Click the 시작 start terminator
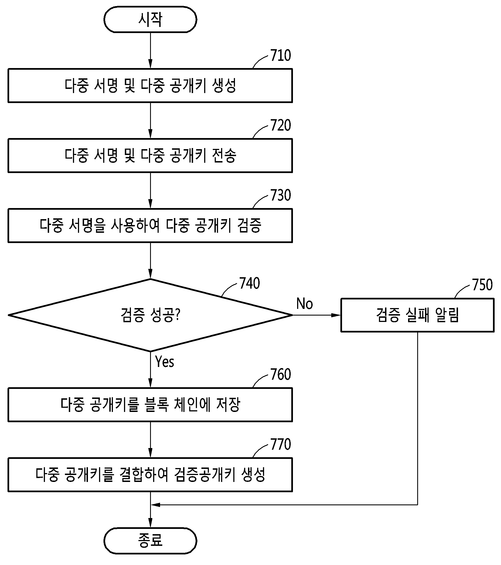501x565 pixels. [150, 20]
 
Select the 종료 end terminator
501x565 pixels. [150, 541]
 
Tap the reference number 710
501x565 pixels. [280, 55]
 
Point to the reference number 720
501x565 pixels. [280, 125]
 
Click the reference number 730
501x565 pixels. [280, 195]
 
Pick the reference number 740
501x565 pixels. [249, 283]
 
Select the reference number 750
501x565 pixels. [482, 285]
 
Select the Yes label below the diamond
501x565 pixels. [165, 362]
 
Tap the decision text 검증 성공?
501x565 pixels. [151, 315]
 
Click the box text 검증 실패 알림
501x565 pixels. [417, 315]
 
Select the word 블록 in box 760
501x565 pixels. [157, 404]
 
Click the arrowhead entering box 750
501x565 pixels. [336, 315]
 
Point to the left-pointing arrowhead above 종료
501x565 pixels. [156, 505]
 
